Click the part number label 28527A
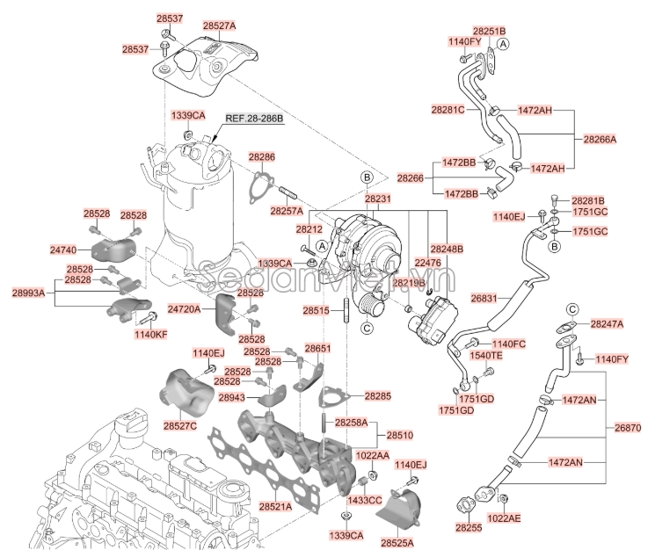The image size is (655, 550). pos(219,26)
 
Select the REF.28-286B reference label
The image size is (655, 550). pos(255,117)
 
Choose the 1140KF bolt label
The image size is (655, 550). pos(149,335)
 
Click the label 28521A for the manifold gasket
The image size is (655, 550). pos(275,508)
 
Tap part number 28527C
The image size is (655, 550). pos(179,426)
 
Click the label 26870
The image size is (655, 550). pos(629,428)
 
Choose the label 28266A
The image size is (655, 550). pos(600,139)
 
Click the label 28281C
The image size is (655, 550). pos(448,111)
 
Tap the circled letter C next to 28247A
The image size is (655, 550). pos(572,310)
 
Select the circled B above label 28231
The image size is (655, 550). pos(367,177)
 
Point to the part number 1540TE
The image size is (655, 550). pos(484,356)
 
